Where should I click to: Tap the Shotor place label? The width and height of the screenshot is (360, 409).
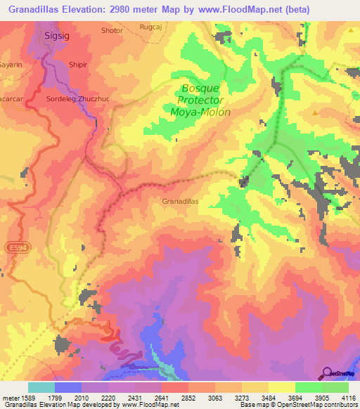pos(112,31)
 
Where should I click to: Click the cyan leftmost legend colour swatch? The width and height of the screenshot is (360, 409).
pos(41,387)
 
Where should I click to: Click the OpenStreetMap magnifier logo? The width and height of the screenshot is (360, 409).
pos(326,372)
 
